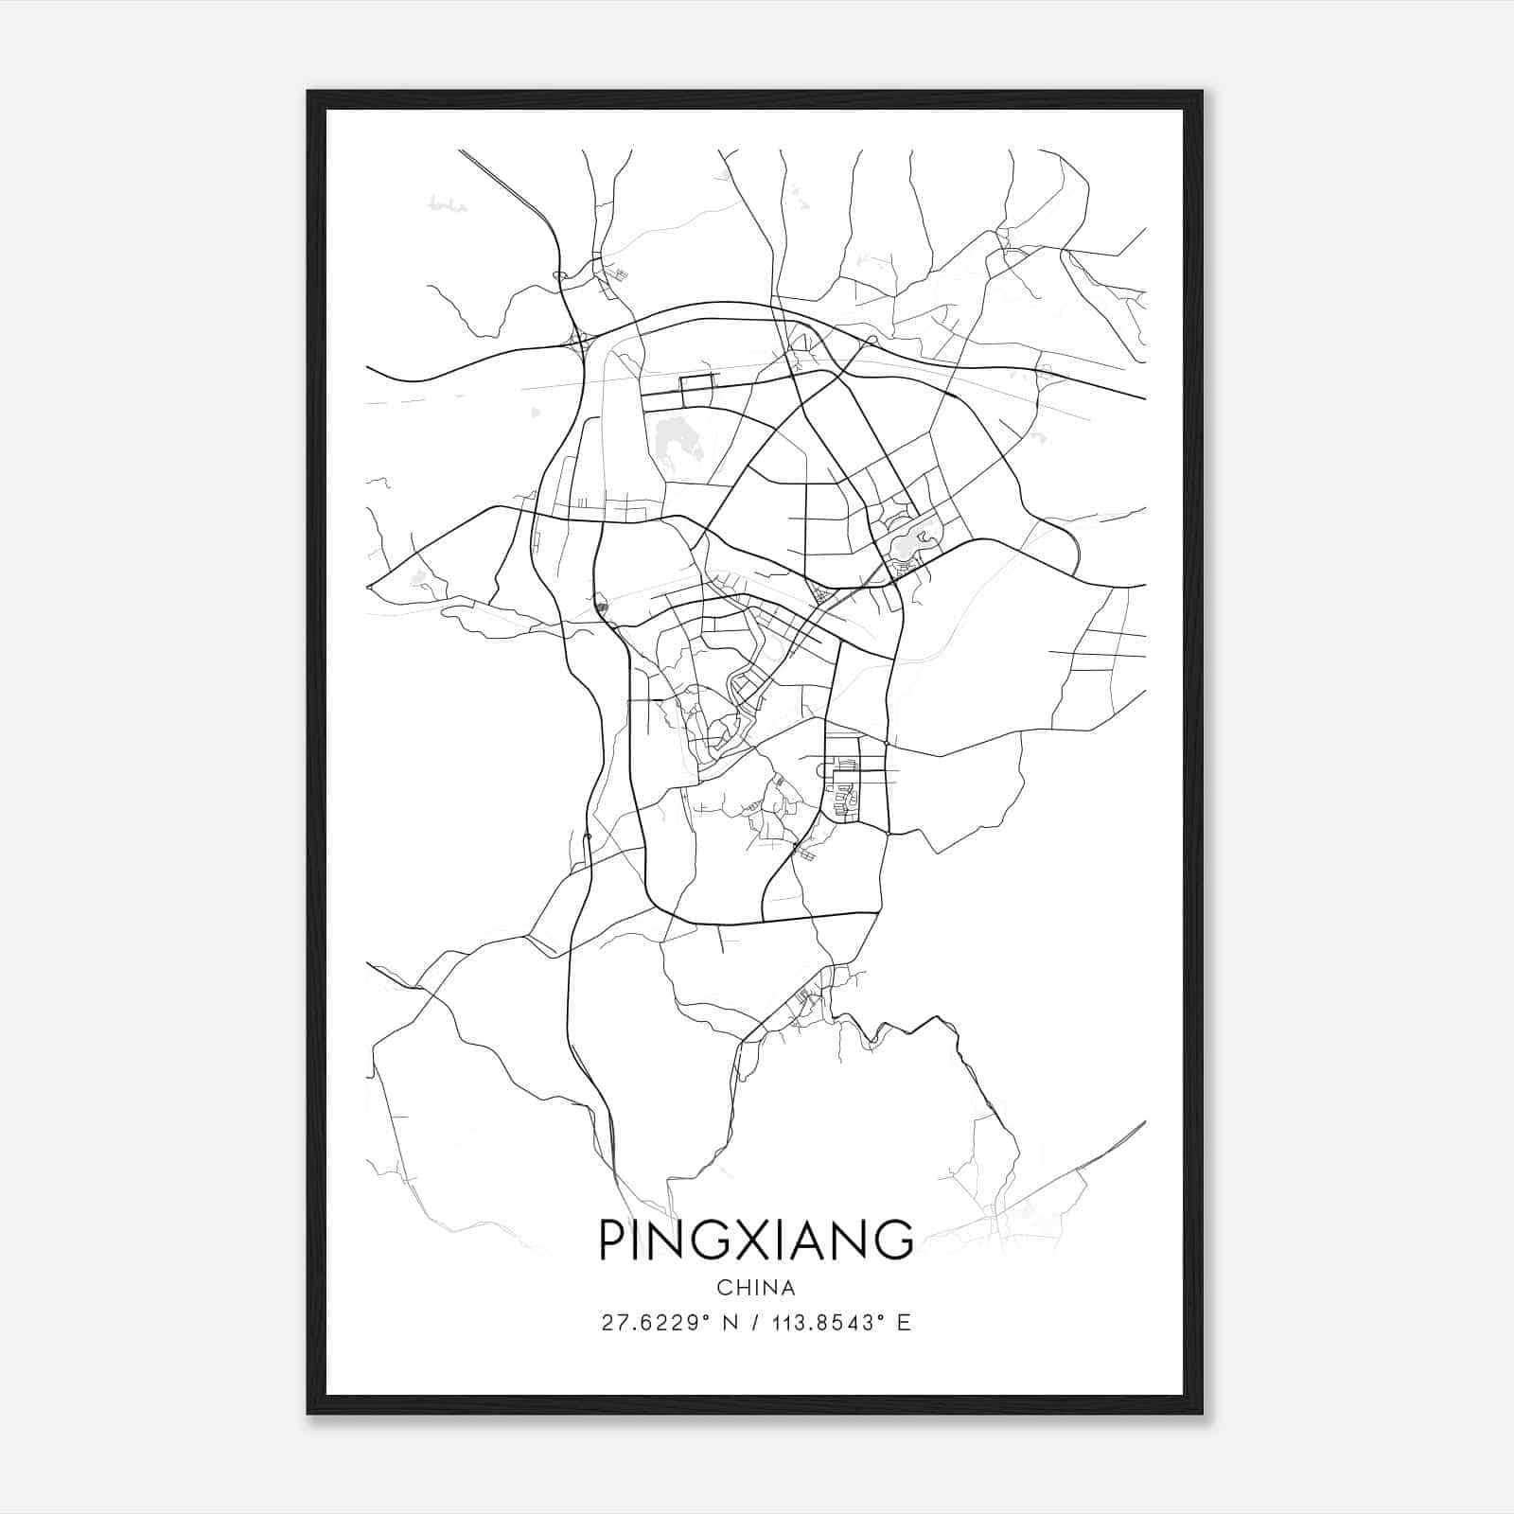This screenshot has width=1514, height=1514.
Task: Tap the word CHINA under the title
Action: (756, 1288)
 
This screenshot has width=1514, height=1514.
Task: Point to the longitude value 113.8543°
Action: (820, 1323)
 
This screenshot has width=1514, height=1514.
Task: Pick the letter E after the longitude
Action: (904, 1323)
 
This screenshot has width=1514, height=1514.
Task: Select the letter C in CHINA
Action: (724, 1288)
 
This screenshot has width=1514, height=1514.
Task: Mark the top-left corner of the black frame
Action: (308, 92)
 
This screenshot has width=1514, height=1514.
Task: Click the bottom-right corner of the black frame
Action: (1202, 1414)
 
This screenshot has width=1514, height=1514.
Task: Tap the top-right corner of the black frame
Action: (1202, 92)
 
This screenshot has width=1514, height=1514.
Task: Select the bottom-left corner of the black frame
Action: (308, 1414)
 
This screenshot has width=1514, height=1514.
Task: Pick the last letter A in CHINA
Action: (788, 1288)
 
